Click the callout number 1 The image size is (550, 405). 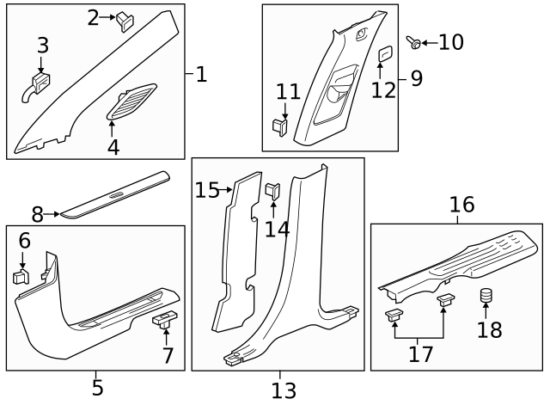(201, 75)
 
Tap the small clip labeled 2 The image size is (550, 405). (125, 20)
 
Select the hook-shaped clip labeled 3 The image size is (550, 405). (39, 84)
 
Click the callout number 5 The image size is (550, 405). (97, 388)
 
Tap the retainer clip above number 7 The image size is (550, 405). (164, 320)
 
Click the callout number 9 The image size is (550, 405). (416, 79)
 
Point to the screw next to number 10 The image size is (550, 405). (415, 41)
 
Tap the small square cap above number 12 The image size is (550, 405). (384, 54)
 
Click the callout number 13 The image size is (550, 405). (283, 391)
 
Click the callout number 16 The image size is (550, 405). (461, 205)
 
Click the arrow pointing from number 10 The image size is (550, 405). (431, 41)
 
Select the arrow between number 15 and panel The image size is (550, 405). (228, 189)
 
